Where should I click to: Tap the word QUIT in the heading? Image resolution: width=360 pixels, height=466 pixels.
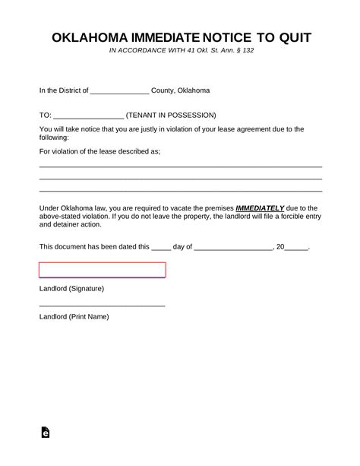(x=292, y=37)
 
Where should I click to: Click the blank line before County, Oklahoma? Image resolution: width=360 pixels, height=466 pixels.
(x=119, y=90)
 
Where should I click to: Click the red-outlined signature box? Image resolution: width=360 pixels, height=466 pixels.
(x=102, y=270)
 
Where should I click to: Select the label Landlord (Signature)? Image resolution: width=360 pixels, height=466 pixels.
(x=71, y=289)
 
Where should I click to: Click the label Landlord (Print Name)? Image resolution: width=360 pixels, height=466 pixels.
(x=74, y=316)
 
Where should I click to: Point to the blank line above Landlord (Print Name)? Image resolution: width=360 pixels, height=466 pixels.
(x=102, y=305)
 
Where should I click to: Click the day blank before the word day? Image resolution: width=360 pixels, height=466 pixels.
(x=162, y=248)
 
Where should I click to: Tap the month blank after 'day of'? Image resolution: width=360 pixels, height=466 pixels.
(x=233, y=248)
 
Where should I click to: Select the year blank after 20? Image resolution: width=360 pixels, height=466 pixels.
(x=297, y=248)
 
